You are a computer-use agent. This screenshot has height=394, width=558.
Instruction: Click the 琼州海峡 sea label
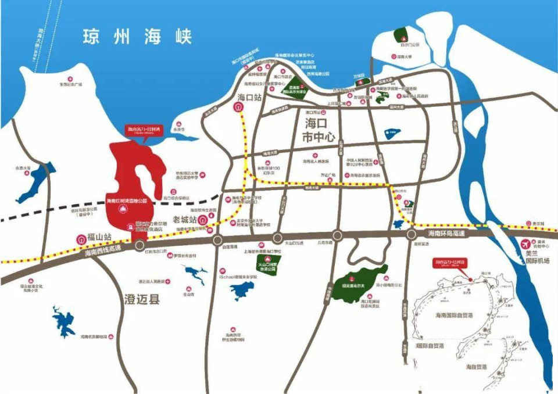(x=137, y=36)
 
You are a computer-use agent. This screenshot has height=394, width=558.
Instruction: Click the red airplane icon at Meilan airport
(x=527, y=243)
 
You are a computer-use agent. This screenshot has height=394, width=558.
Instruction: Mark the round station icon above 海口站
(x=239, y=108)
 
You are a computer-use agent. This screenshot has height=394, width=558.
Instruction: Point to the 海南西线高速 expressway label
(x=102, y=252)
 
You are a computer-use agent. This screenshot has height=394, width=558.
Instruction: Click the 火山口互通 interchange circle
(x=277, y=237)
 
